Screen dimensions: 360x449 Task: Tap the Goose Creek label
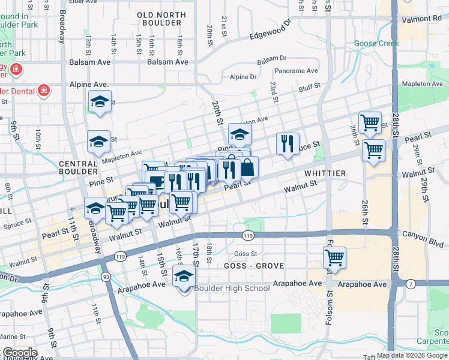pyautogui.click(x=376, y=43)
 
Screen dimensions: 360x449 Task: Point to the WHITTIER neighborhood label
pyautogui.click(x=325, y=173)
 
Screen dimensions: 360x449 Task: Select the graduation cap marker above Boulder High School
pyautogui.click(x=184, y=276)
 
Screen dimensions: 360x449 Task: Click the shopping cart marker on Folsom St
pyautogui.click(x=334, y=258)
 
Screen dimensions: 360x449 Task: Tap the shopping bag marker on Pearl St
pyautogui.click(x=247, y=168)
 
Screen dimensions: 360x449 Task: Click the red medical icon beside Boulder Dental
pyautogui.click(x=43, y=91)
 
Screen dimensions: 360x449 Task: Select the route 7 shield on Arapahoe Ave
pyautogui.click(x=410, y=283)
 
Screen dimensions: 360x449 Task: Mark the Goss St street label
pyautogui.click(x=246, y=254)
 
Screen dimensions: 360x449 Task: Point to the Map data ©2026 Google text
pyautogui.click(x=412, y=355)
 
